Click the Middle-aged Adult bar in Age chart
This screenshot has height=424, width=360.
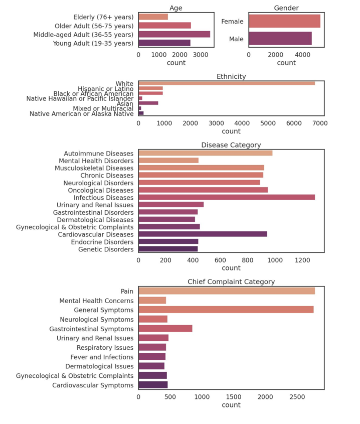174,34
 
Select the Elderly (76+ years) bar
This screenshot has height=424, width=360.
153,17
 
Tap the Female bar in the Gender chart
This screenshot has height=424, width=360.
284,21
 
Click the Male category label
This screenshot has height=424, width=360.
236,39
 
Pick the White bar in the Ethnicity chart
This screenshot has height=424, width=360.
227,83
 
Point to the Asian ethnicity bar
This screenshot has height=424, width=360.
148,103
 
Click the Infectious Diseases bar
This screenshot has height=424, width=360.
227,197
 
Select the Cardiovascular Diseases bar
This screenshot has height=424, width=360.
203,234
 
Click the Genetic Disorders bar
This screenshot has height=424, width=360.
168,249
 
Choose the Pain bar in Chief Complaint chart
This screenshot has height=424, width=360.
227,291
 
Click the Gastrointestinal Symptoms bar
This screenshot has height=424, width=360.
165,329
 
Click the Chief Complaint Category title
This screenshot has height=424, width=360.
231,281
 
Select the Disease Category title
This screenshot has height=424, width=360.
231,145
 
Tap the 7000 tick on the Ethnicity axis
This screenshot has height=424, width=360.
319,122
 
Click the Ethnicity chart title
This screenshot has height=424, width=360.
231,77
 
